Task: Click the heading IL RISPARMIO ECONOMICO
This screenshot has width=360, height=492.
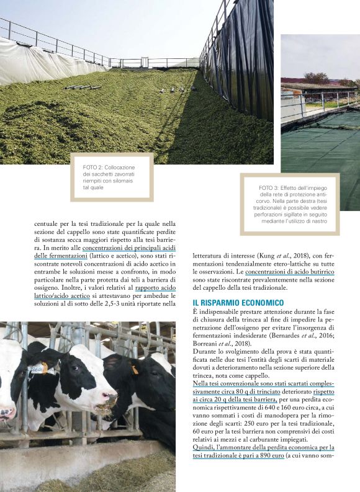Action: coord(238,302)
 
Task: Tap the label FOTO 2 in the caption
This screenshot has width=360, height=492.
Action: coord(94,168)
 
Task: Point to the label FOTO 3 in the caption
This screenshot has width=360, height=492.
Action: coord(270,188)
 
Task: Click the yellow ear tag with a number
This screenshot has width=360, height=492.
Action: coord(39,369)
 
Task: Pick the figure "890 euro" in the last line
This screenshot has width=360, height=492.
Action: coord(268,472)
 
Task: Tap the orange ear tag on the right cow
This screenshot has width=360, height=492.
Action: coord(134,369)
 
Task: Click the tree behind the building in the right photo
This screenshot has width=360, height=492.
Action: coord(317,78)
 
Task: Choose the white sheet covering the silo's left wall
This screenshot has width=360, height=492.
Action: coord(37,62)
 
